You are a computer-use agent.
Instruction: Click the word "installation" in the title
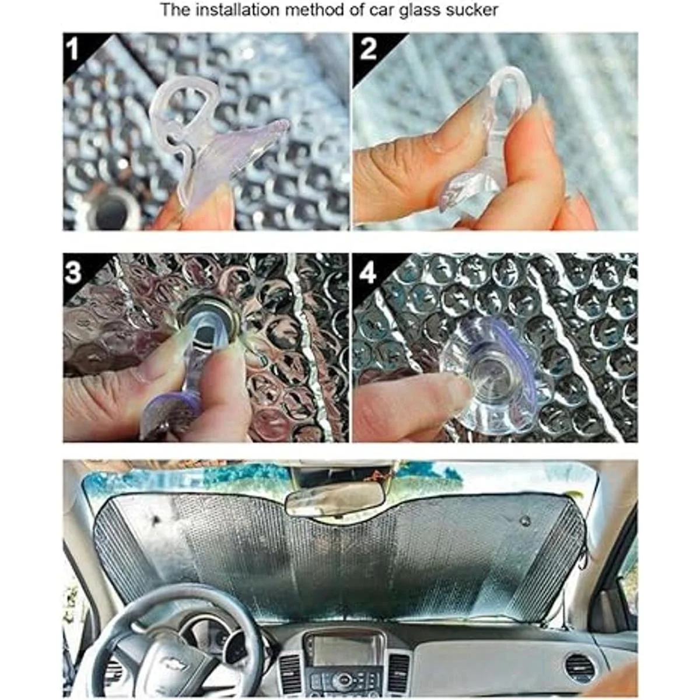click(x=239, y=10)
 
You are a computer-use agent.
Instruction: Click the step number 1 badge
click(x=73, y=50)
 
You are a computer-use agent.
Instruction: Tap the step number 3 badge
click(x=73, y=273)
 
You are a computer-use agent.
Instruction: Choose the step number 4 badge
click(x=367, y=273)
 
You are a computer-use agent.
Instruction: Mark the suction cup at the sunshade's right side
click(x=525, y=520)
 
